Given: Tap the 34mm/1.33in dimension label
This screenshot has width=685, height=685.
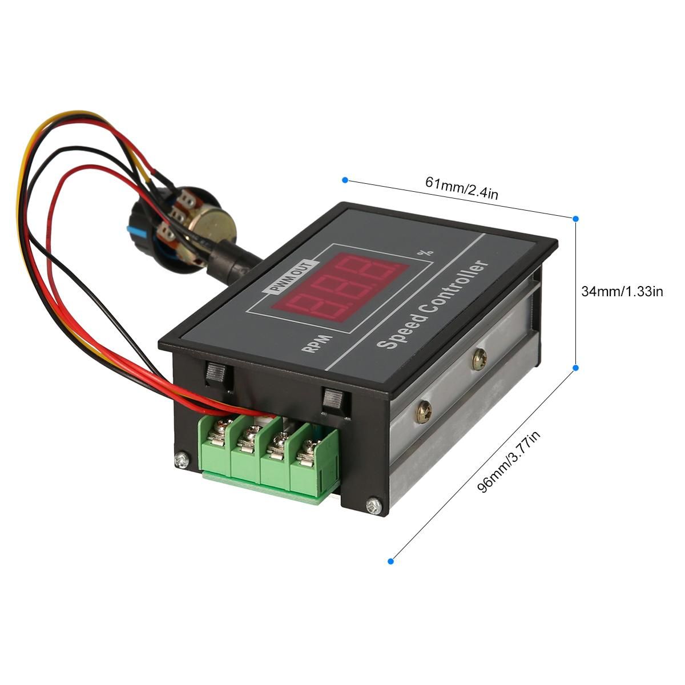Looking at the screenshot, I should coord(622,291).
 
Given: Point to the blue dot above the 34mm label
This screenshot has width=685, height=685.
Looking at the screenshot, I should coord(575,218).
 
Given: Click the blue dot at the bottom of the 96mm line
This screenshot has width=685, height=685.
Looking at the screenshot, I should coord(391,562).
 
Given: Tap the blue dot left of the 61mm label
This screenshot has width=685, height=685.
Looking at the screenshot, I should coord(345,180).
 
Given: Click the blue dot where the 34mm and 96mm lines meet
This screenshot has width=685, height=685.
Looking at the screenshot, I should coord(575,368).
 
